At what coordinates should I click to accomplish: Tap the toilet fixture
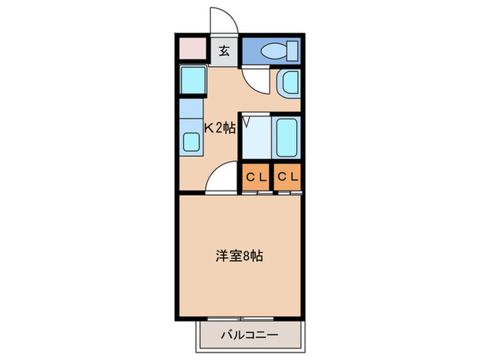[x=277, y=50]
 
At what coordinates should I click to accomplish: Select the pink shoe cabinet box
[x=193, y=49]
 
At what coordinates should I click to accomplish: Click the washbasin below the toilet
[x=287, y=83]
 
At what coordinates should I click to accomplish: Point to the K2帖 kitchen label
[x=221, y=126]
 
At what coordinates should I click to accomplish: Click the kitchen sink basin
[x=191, y=143]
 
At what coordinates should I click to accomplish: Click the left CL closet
[x=255, y=177]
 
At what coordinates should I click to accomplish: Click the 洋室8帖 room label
[x=239, y=256]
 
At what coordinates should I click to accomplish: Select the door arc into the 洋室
[x=223, y=180]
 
